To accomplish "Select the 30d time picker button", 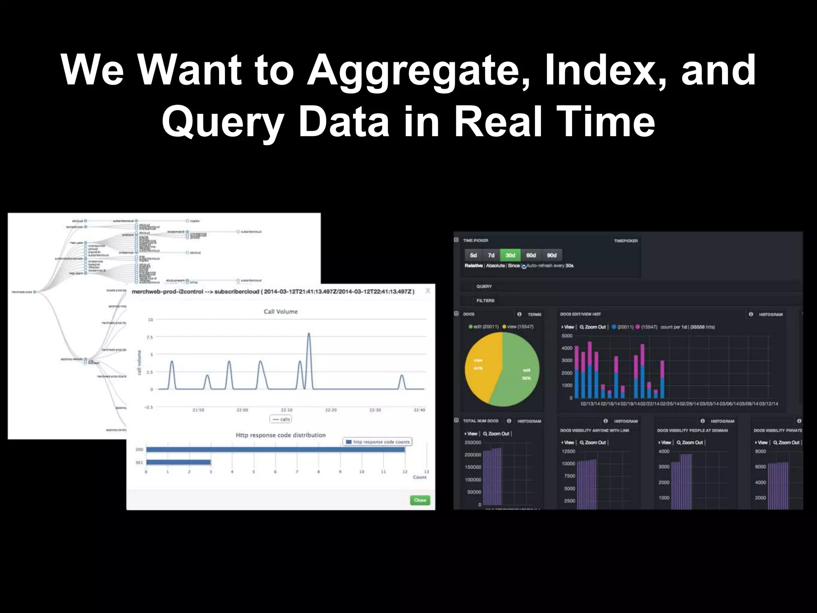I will [x=510, y=255].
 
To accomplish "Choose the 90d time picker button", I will [x=552, y=255].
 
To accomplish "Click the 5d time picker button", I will [x=474, y=255].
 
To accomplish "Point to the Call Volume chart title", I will [x=280, y=312].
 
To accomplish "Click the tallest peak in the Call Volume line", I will [x=309, y=334].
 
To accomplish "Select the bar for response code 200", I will [x=275, y=450].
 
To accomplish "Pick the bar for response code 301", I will [x=178, y=463].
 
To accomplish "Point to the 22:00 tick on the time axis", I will [x=242, y=410].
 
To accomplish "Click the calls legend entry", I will [x=281, y=419].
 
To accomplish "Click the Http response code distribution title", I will [x=280, y=435].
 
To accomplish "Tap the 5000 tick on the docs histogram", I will [x=567, y=336].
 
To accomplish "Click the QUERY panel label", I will [x=484, y=287].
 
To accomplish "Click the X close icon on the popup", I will [x=428, y=291].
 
